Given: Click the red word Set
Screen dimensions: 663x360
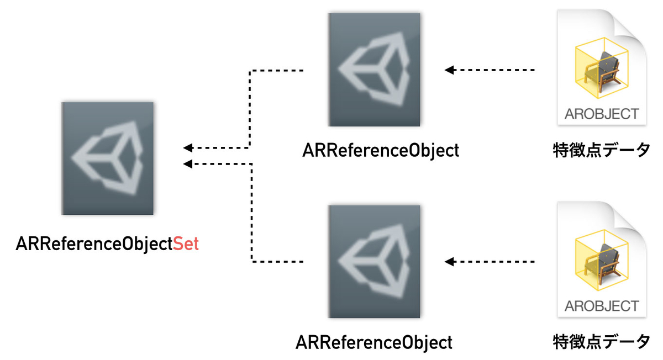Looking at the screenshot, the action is pos(186,243).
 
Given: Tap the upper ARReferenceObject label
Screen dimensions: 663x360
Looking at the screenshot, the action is pos(381,151).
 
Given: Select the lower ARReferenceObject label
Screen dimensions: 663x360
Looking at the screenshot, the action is pos(374,342).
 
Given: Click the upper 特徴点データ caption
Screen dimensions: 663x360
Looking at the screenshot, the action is pos(602,150).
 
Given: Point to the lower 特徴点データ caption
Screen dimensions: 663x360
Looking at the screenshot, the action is pos(602,342).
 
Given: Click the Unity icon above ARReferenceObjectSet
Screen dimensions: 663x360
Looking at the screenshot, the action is pos(107,158).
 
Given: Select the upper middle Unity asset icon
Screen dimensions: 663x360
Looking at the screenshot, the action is pos(374,70).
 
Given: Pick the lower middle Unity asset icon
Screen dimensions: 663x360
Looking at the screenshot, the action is pos(374,262).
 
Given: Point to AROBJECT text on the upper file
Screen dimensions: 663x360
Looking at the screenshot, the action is pos(602,114).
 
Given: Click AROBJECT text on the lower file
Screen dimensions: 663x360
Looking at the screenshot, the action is pos(602,306).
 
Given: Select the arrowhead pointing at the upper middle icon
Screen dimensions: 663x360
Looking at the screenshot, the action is pos(449,70).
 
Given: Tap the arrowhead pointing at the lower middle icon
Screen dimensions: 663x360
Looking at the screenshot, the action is pos(449,262).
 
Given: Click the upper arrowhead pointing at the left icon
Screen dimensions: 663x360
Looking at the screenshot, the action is pos(188,147).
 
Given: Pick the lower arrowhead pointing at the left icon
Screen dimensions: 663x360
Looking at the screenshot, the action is pos(188,163).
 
